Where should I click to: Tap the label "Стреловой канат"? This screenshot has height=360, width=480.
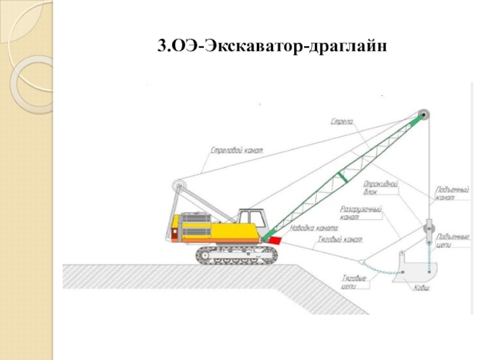[238, 149]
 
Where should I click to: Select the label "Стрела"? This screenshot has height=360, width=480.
[342, 122]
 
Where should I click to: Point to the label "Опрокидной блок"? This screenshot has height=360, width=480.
[381, 188]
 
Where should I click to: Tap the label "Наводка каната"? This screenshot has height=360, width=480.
[314, 228]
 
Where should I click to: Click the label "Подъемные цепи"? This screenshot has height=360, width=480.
[452, 240]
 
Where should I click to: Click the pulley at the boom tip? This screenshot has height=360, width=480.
[424, 116]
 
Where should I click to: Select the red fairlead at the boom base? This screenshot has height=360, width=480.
[274, 239]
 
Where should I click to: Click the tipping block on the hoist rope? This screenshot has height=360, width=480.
[428, 230]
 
